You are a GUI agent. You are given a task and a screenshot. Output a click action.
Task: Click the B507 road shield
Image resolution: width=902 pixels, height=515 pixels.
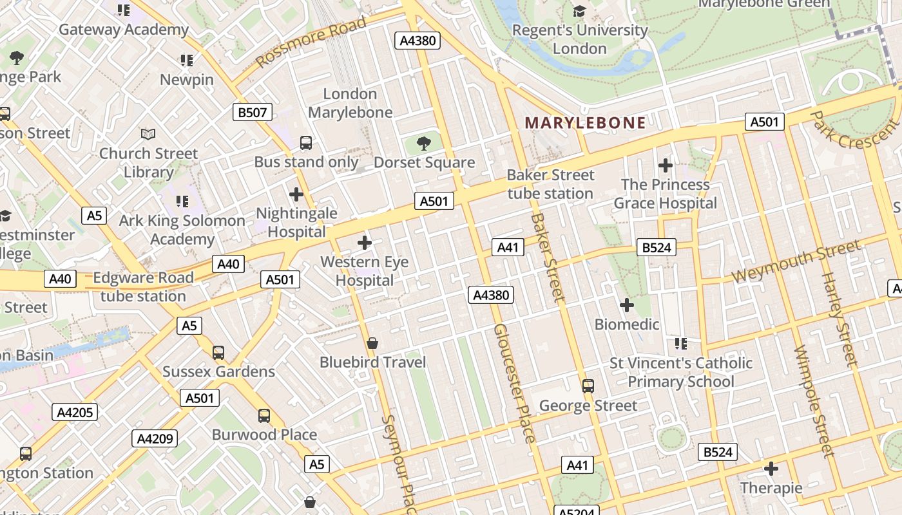[253, 113]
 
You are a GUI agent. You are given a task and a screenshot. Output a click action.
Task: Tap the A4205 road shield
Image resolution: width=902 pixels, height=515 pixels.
[75, 412]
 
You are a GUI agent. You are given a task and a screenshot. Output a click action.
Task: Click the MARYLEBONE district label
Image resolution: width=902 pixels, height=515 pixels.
[585, 123]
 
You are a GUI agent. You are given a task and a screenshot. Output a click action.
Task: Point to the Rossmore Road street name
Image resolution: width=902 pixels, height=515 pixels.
[311, 42]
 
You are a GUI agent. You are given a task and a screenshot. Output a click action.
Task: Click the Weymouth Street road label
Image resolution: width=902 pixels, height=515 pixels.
[796, 261]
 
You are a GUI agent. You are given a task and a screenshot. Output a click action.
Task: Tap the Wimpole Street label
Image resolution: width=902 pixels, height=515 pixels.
[814, 402]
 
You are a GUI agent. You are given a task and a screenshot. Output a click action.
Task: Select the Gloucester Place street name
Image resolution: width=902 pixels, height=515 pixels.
[514, 383]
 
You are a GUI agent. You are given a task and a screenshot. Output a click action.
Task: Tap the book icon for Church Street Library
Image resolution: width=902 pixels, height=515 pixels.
[148, 135]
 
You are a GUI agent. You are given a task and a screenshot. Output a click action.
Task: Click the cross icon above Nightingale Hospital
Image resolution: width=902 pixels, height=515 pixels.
[296, 194]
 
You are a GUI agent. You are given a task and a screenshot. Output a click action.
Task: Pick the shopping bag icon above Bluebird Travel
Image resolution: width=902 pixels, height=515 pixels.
[372, 343]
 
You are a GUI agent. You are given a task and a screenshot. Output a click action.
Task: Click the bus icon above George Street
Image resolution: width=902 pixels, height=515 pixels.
[588, 386]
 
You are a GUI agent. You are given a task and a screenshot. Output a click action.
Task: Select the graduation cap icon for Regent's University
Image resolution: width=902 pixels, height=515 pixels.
[579, 11]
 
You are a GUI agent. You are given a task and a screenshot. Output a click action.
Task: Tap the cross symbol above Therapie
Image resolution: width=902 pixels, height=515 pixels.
[771, 468]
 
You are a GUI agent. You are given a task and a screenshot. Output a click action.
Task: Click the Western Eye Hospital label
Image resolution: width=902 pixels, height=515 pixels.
[365, 271]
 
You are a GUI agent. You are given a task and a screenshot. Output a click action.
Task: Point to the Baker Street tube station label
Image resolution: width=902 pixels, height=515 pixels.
[550, 184]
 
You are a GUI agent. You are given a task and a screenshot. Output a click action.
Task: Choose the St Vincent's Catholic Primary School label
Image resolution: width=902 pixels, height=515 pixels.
[681, 372]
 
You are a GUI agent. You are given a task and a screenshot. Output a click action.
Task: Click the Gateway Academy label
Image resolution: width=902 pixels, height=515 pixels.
[124, 30]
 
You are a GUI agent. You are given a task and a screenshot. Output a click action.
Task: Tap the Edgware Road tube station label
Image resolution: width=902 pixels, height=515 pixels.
[143, 287]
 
